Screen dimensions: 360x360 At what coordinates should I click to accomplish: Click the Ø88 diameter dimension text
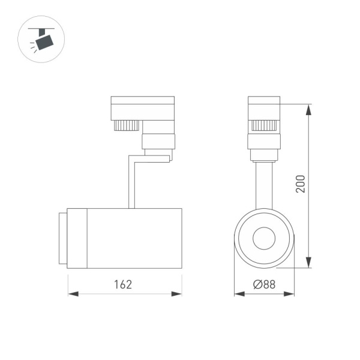(264, 284)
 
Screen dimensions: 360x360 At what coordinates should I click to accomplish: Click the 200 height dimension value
(301, 184)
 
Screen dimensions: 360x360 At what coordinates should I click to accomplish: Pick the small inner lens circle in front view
(264, 239)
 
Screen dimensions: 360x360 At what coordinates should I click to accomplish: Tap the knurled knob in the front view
(264, 125)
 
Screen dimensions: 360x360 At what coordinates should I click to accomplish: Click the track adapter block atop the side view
(142, 107)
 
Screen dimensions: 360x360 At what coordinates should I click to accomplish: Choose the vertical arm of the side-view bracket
(131, 182)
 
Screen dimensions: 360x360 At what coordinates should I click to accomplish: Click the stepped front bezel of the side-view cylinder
(62, 238)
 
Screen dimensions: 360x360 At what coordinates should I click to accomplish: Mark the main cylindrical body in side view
(134, 238)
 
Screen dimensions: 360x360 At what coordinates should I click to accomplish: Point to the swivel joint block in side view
(158, 142)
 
